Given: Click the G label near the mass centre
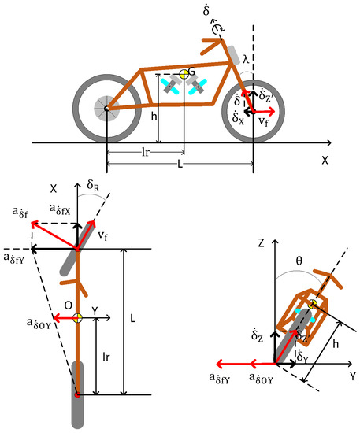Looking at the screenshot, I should (x=192, y=72).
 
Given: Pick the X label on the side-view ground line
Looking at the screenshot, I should (x=324, y=157).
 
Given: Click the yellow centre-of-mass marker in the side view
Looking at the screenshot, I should (x=184, y=75).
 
